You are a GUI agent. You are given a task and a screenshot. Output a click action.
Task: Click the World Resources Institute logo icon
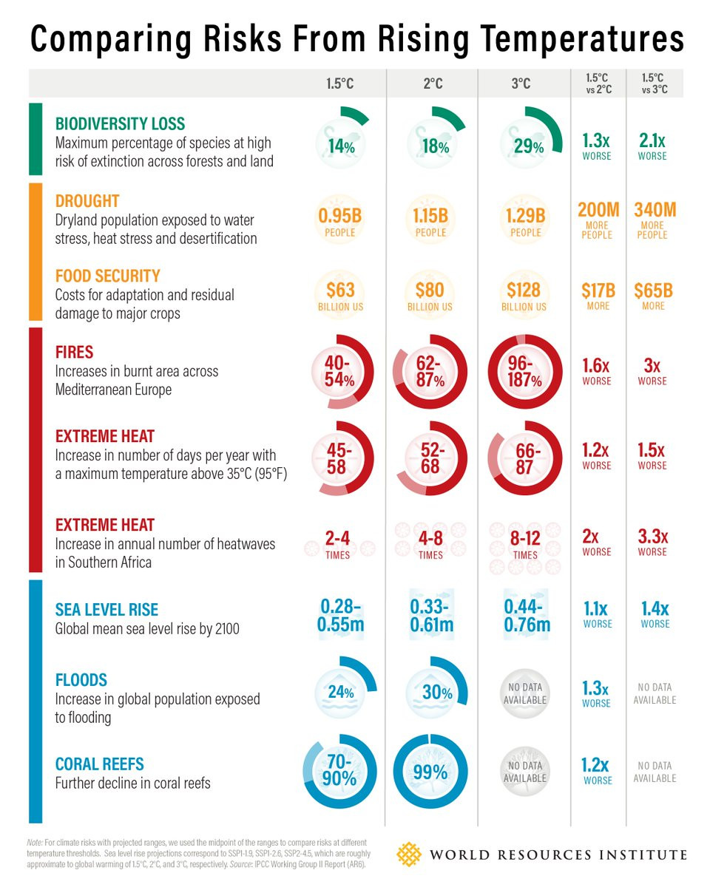[408, 854]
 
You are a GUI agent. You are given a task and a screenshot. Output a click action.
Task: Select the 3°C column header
[521, 84]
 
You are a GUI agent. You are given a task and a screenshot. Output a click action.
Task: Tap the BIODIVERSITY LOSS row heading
[120, 123]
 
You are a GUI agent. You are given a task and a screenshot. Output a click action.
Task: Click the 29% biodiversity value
[528, 146]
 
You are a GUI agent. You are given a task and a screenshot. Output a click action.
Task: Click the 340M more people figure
[655, 220]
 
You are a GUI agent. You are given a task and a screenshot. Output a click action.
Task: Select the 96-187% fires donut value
[525, 372]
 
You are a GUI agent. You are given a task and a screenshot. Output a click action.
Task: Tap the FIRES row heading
[74, 353]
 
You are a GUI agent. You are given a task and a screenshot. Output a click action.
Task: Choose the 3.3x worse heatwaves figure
[653, 542]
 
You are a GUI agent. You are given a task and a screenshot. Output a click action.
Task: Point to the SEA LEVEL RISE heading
[106, 610]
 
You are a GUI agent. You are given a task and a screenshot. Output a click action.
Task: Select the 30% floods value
[436, 693]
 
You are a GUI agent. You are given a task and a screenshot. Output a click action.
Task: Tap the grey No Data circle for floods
[524, 693]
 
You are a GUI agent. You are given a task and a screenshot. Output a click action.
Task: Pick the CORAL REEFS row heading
[99, 764]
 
